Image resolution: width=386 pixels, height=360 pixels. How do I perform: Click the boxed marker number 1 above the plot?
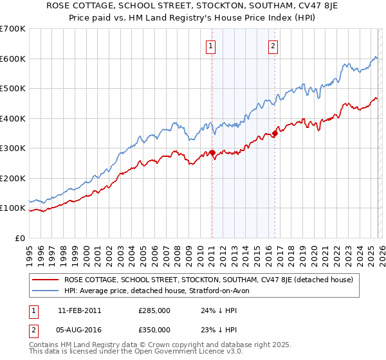[x=211, y=45]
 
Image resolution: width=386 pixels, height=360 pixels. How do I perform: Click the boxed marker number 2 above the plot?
[x=273, y=45]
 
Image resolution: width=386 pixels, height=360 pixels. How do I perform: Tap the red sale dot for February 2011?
[x=212, y=153]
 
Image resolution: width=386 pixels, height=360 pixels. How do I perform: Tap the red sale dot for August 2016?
[x=275, y=134]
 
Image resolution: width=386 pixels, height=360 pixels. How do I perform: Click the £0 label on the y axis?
[x=19, y=238]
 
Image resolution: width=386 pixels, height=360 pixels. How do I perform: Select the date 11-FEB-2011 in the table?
[x=79, y=310]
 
